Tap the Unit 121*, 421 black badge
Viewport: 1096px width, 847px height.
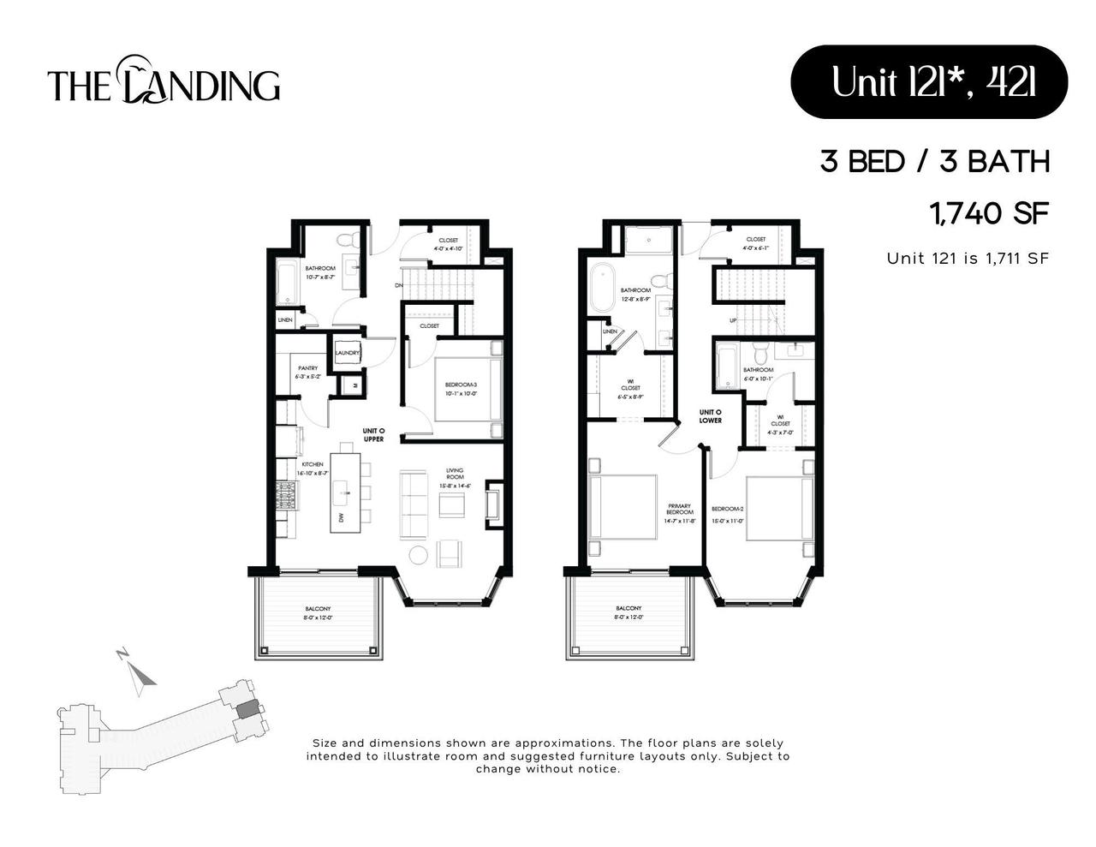click(x=928, y=82)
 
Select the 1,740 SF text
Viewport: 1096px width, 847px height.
click(x=988, y=212)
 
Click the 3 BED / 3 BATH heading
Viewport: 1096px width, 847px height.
click(x=934, y=161)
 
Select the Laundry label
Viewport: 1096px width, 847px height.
click(x=347, y=353)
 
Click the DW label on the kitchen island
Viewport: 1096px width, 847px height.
click(x=341, y=518)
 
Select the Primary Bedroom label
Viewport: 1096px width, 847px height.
click(x=680, y=512)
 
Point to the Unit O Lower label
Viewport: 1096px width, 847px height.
click(x=710, y=416)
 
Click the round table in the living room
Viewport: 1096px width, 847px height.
click(x=418, y=555)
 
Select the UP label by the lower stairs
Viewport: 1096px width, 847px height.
click(x=733, y=321)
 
